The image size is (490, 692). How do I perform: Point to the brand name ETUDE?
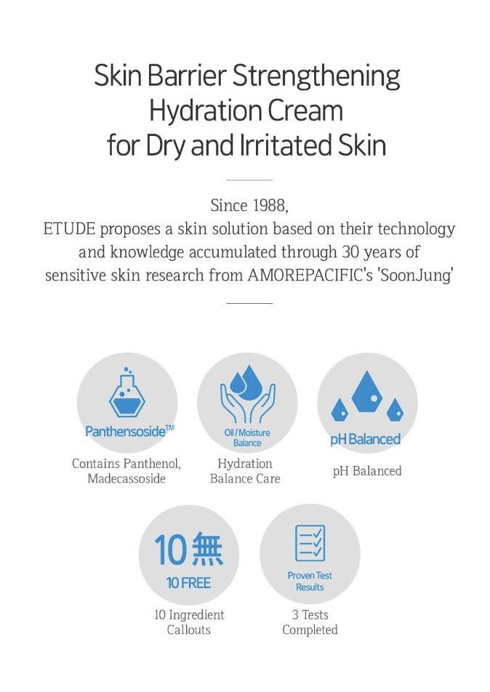(70, 230)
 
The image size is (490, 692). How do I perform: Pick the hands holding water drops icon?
(247, 398)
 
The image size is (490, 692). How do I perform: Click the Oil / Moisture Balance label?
(247, 438)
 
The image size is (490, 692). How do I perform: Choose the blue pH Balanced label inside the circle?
(366, 440)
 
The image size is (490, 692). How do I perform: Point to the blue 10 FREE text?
(188, 583)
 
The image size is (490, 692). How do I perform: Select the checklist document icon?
(310, 543)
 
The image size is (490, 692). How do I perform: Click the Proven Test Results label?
(310, 581)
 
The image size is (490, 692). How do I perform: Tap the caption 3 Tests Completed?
(310, 622)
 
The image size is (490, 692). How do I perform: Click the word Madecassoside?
(126, 478)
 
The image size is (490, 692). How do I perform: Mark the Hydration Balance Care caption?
(245, 471)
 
